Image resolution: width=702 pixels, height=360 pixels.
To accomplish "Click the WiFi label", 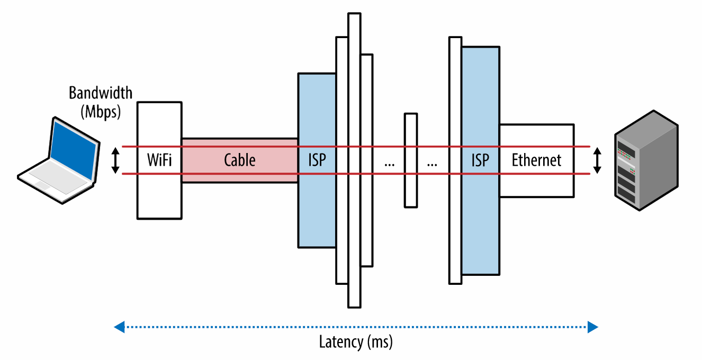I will click(159, 160).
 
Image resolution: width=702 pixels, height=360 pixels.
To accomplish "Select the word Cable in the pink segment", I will click(239, 160).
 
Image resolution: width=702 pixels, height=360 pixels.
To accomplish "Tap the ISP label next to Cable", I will click(316, 160).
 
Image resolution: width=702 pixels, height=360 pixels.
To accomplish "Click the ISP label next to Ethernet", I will click(480, 160).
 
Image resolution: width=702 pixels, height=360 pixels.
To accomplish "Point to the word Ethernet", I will click(536, 160).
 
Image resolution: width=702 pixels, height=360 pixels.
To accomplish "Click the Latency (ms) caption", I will click(356, 342).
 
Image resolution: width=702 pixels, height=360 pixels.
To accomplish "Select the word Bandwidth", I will click(101, 93).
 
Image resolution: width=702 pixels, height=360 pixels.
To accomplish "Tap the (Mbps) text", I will click(101, 112).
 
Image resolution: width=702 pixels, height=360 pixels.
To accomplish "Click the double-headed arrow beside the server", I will click(598, 161).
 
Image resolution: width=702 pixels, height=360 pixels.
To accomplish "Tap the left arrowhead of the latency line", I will click(119, 327).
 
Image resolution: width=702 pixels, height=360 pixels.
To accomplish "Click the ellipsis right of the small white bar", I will click(432, 164).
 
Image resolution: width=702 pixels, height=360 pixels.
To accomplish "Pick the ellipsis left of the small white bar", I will click(390, 164).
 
